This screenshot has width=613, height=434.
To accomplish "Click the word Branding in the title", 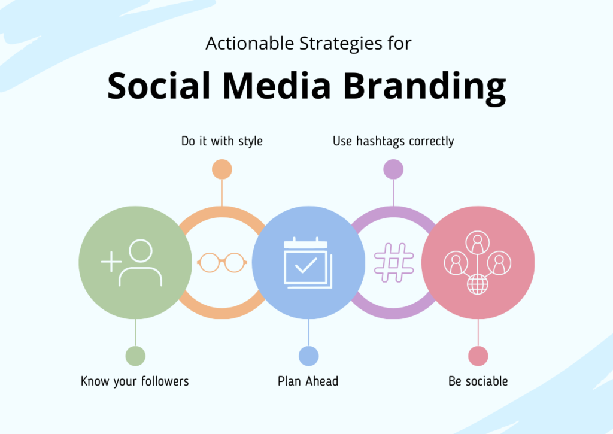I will (x=425, y=86).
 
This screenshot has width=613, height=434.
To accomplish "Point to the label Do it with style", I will (x=222, y=142).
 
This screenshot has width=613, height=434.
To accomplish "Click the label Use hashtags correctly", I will (x=393, y=142).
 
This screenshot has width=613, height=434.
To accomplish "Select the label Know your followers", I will (x=135, y=381).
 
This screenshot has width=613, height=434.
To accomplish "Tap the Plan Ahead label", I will (x=308, y=381).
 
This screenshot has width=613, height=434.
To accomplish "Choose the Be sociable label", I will (x=478, y=381).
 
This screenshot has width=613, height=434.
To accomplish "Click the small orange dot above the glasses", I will (x=222, y=169).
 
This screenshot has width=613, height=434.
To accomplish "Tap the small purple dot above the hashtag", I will (x=393, y=169).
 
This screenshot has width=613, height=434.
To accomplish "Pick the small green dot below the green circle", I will (x=135, y=356).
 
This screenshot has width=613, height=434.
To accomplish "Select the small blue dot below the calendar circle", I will (x=308, y=356).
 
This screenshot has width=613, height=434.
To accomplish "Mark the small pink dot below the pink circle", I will (x=478, y=356).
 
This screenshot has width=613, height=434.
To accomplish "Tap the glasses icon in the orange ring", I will (x=222, y=262).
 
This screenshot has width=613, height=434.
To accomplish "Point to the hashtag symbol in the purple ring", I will (x=393, y=263).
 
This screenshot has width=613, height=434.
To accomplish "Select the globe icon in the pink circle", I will (x=477, y=284).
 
